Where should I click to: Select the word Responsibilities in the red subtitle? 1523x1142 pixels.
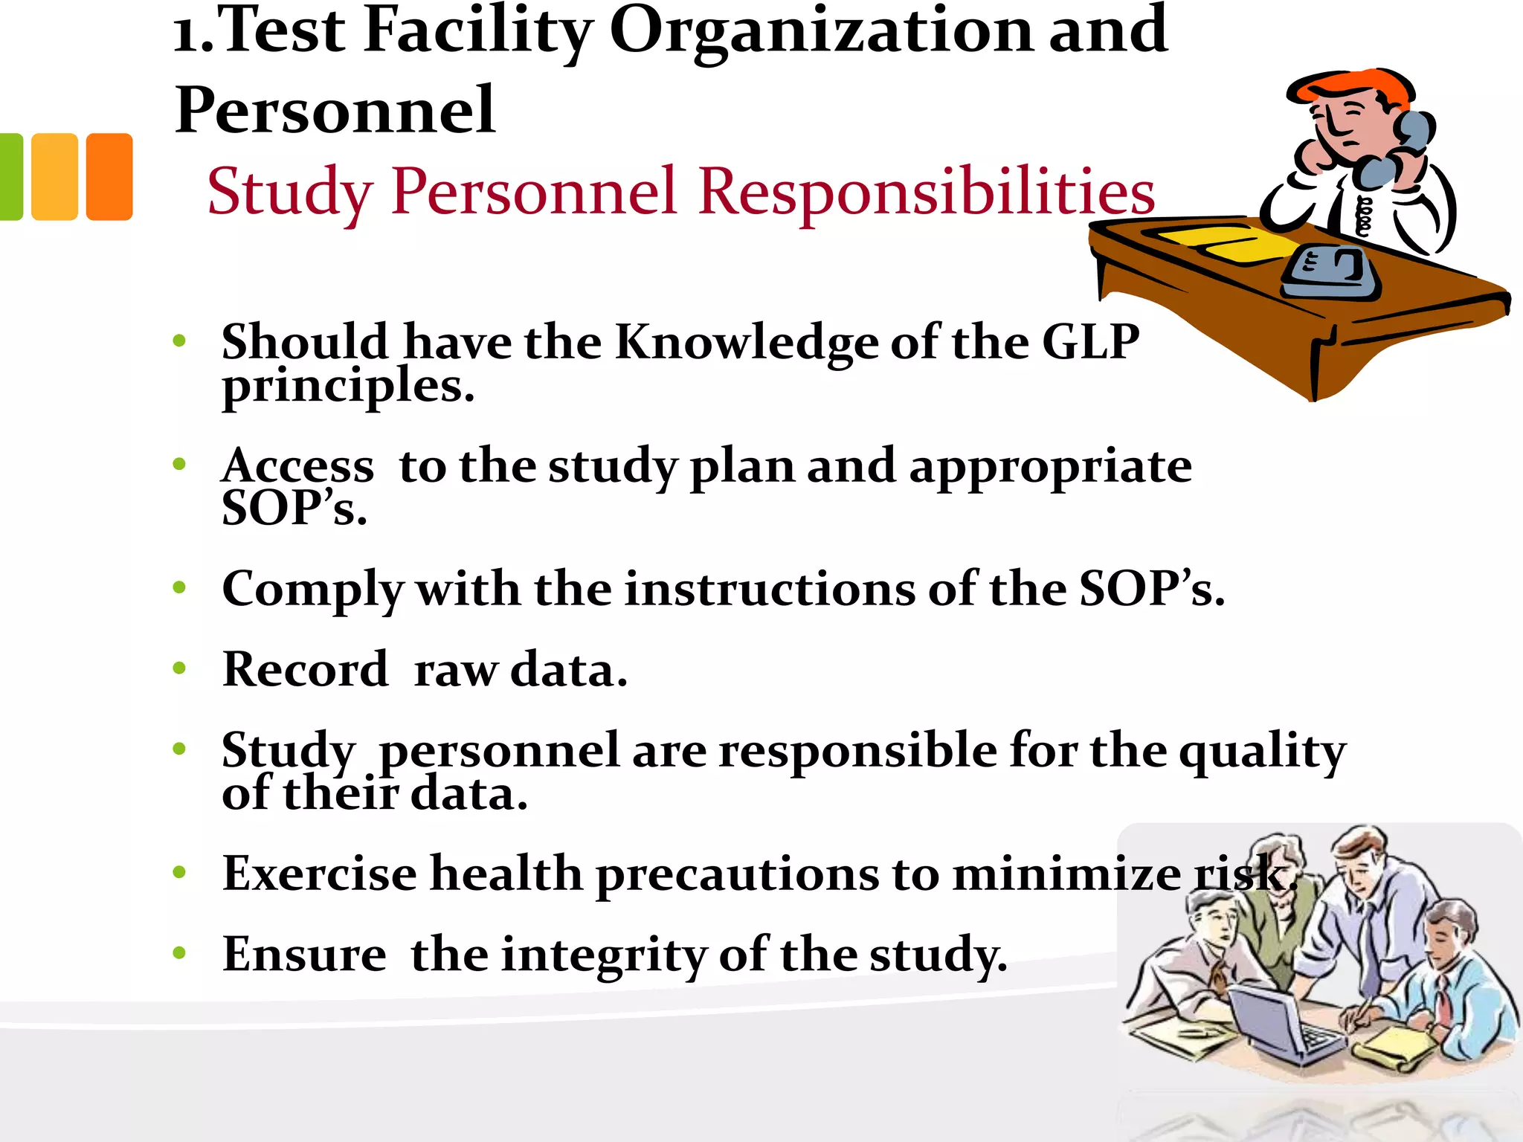coord(927,192)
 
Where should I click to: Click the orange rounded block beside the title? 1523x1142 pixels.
coord(109,176)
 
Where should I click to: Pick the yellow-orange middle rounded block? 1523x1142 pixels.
coord(54,176)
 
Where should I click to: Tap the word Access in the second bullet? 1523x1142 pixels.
coord(297,466)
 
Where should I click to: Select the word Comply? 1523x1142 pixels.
coord(312,590)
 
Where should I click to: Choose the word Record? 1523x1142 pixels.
coord(305,669)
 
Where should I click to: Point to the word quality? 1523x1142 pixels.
coord(1263,751)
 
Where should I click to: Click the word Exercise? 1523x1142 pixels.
coord(319,873)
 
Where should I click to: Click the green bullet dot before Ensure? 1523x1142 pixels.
coord(179,952)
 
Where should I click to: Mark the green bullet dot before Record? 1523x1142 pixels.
coord(179,668)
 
